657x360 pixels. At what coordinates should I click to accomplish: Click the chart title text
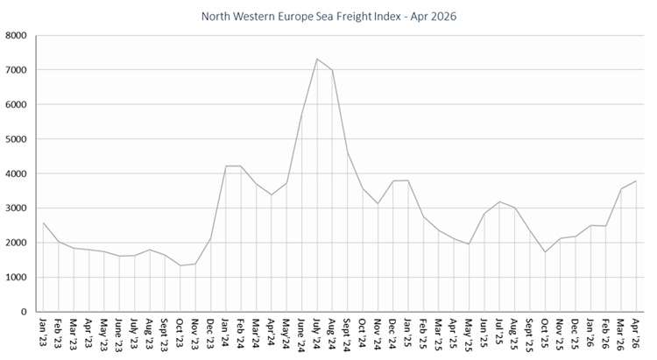click(x=328, y=16)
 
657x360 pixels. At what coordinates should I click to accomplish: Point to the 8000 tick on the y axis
click(x=16, y=36)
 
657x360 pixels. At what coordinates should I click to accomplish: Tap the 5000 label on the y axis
click(x=16, y=139)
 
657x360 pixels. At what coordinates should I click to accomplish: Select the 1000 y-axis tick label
click(x=16, y=278)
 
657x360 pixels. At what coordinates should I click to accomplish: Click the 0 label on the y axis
click(x=24, y=312)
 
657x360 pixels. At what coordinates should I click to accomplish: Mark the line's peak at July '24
click(x=316, y=59)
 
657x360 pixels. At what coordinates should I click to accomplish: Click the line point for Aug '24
click(x=332, y=70)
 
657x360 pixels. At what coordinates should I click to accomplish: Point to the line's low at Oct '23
click(x=180, y=265)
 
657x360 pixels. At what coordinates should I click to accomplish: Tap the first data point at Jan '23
click(x=43, y=222)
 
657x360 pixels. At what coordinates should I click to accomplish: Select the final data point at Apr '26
click(x=635, y=181)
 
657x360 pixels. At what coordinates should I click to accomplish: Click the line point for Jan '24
click(x=225, y=166)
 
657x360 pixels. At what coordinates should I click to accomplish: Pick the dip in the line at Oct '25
click(x=544, y=252)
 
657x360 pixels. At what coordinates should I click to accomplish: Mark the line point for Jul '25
click(x=498, y=201)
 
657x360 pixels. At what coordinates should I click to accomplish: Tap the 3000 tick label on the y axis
click(x=16, y=208)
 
